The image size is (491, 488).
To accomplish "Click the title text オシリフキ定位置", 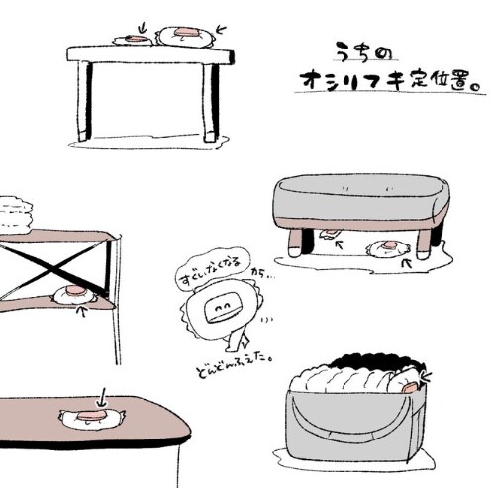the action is (389, 81).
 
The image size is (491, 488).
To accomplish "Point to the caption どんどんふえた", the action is (235, 365).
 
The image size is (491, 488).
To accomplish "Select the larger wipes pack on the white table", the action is (186, 36).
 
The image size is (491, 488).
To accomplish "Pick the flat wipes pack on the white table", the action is (133, 40).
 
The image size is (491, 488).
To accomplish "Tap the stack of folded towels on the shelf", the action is (15, 213).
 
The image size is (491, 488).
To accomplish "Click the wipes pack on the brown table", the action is (92, 418).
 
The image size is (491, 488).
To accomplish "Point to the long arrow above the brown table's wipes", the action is (103, 397).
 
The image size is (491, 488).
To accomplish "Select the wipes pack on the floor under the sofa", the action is (388, 248).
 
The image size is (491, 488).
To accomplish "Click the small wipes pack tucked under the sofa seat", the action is (329, 234).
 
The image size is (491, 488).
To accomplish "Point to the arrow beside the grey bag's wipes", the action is (427, 377).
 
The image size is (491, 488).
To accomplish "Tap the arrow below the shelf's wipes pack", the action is (82, 311).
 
